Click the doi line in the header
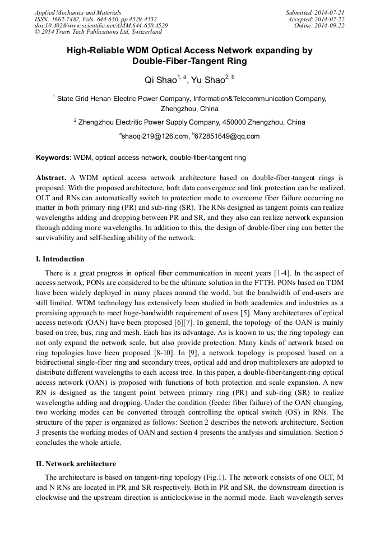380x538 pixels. (x=101, y=25)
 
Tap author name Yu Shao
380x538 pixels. (x=207, y=80)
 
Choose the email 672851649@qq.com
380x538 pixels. (x=227, y=136)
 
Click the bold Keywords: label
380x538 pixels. (x=54, y=158)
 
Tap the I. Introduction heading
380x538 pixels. (x=60, y=259)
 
